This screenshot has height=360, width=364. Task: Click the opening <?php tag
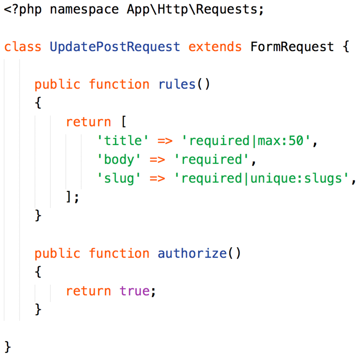pyautogui.click(x=23, y=9)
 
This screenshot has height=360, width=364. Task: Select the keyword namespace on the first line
pyautogui.click(x=84, y=9)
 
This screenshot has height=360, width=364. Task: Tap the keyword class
pyautogui.click(x=23, y=47)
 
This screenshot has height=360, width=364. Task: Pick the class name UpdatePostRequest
pyautogui.click(x=115, y=47)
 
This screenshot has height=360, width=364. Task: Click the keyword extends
pyautogui.click(x=215, y=47)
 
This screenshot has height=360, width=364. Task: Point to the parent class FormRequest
pyautogui.click(x=292, y=47)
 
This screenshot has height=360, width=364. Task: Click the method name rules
pyautogui.click(x=177, y=84)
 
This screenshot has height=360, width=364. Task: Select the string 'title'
pyautogui.click(x=120, y=141)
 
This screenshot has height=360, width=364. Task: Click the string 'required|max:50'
pyautogui.click(x=246, y=141)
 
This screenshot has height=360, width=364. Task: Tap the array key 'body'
pyautogui.click(x=120, y=160)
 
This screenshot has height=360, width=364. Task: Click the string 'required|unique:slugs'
pyautogui.click(x=261, y=178)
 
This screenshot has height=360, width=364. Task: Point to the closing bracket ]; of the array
pyautogui.click(x=72, y=197)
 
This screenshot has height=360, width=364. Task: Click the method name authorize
pyautogui.click(x=192, y=254)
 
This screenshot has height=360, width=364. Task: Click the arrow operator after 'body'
pyautogui.click(x=157, y=160)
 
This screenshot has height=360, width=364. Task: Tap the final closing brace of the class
pyautogui.click(x=8, y=347)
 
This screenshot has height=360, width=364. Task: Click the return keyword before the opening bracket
pyautogui.click(x=88, y=122)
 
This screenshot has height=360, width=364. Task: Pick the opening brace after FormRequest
pyautogui.click(x=346, y=47)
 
